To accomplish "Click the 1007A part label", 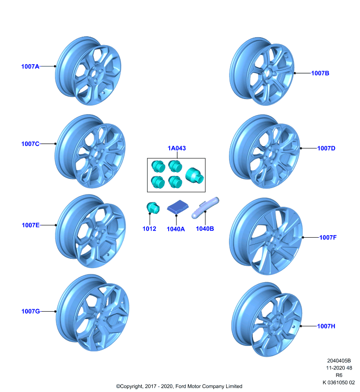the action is (x=30, y=67).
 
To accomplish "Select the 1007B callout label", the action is (x=320, y=73).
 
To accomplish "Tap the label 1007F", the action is (x=328, y=237).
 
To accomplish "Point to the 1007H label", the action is (x=326, y=326).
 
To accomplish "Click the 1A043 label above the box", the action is (x=177, y=148).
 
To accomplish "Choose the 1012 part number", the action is (x=149, y=229).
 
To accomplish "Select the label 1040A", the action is (x=176, y=229).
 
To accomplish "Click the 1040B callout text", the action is (x=205, y=229).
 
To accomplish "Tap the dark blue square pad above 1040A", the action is (x=178, y=207).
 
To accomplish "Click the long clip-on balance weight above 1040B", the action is (x=205, y=207).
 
